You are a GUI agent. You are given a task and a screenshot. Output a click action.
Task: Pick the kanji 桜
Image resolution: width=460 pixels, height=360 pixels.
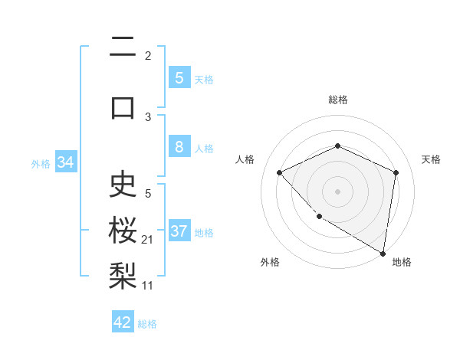pos(123,229)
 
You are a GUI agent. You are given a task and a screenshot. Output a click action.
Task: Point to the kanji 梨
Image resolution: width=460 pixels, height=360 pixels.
pos(123,273)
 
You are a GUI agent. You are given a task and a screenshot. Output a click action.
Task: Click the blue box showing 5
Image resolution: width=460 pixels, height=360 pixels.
pos(179,78)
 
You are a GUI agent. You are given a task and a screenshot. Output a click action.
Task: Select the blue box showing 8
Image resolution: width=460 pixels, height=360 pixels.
pos(179,148)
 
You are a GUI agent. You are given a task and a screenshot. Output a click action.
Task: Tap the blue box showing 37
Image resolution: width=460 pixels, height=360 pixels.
pos(179,231)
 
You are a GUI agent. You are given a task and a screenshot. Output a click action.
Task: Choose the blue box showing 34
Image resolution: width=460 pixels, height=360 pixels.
pos(64,162)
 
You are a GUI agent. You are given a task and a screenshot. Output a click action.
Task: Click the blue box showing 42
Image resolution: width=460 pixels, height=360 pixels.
pos(123,322)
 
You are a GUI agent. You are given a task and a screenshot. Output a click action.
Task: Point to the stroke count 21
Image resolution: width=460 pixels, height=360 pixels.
pos(148,240)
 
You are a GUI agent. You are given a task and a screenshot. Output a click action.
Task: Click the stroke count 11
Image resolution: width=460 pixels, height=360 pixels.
pos(148,285)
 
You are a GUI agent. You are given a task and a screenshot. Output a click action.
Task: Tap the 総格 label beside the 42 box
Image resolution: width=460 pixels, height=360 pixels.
pos(147,324)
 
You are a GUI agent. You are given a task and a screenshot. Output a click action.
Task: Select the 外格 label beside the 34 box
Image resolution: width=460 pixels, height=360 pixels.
pos(41,164)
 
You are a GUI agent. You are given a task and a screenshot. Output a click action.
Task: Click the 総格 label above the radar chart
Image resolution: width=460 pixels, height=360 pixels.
pos(337,100)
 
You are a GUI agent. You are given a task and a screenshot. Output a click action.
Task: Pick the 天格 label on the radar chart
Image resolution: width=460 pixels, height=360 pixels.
pos(431,159)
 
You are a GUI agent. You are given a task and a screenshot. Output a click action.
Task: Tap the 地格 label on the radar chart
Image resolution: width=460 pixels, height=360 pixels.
pos(402,262)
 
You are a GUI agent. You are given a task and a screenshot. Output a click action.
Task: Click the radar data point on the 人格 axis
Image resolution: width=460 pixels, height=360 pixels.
pos(280,172)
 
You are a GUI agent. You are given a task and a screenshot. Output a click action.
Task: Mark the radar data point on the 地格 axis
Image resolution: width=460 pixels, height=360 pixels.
pos(383,254)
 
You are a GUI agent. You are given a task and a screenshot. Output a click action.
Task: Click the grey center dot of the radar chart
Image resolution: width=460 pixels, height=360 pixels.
pos(337,191)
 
